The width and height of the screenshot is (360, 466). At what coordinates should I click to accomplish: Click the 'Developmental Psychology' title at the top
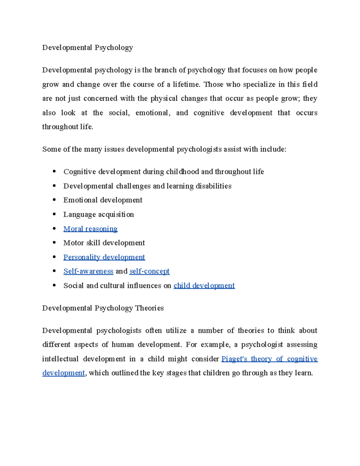click(x=87, y=48)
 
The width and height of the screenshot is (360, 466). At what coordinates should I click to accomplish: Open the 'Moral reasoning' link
click(x=90, y=229)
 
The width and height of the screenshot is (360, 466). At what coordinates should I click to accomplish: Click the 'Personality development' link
click(x=104, y=257)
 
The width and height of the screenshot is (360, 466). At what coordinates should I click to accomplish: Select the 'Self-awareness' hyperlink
click(x=88, y=271)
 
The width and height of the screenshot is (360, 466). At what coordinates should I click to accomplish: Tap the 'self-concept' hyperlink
click(x=149, y=271)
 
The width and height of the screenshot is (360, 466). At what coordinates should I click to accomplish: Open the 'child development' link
click(x=204, y=286)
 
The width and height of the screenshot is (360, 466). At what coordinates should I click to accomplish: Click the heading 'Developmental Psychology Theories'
click(x=103, y=308)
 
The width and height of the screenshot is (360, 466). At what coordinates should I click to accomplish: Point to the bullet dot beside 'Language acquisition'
click(x=54, y=214)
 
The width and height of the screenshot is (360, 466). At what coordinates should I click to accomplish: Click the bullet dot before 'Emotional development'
click(x=54, y=200)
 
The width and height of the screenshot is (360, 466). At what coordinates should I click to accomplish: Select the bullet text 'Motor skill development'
click(x=104, y=243)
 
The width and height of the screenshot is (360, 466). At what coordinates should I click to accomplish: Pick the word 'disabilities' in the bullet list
click(x=213, y=186)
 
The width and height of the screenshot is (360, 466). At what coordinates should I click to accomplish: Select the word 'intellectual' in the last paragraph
click(x=60, y=359)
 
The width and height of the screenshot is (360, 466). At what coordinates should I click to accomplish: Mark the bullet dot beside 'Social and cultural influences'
click(x=54, y=285)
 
